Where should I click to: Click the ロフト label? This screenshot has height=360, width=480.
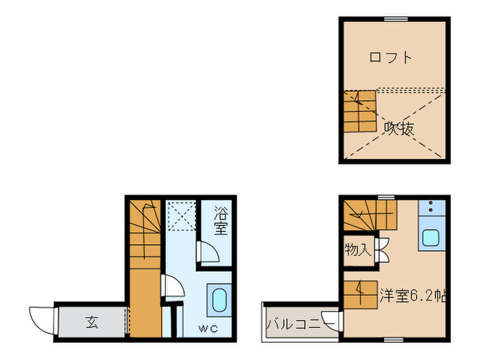[391, 58]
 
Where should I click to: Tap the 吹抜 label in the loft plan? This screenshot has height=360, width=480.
[398, 128]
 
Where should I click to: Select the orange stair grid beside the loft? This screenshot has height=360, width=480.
[360, 111]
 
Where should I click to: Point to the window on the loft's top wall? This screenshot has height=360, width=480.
[394, 19]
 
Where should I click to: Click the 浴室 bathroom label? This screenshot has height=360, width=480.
[220, 221]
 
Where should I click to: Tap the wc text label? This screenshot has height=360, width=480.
[208, 328]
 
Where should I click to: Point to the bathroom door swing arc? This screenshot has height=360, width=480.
[208, 254]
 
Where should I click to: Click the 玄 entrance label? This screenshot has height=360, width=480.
[92, 322]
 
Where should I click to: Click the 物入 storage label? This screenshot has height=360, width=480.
[358, 250]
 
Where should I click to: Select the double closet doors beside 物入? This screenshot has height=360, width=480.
[381, 249]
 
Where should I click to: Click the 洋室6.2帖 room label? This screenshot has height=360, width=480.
[413, 296]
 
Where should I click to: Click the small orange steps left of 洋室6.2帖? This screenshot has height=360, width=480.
[361, 293]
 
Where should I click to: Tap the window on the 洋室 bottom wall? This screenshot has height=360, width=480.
[394, 339]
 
